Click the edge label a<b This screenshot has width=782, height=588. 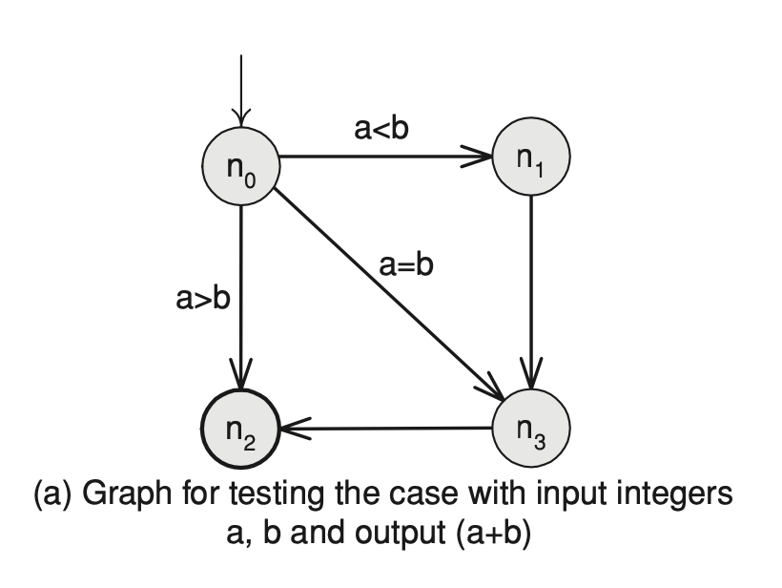click(x=381, y=128)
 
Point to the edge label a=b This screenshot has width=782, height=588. click(x=405, y=264)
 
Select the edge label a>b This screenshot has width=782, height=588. click(x=203, y=299)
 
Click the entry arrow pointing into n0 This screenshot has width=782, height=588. click(x=241, y=95)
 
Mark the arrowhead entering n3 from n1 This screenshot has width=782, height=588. click(x=531, y=372)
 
